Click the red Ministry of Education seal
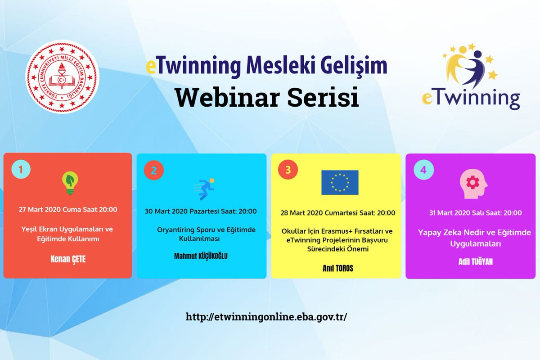pyautogui.click(x=62, y=77)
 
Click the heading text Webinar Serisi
pyautogui.click(x=266, y=97)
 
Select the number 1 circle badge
pyautogui.click(x=21, y=169)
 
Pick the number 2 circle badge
pyautogui.click(x=154, y=171)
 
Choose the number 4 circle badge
pyautogui.click(x=423, y=170)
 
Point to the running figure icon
pyautogui.click(x=204, y=189)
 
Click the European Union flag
pyautogui.click(x=340, y=182)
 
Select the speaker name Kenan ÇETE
pyautogui.click(x=67, y=260)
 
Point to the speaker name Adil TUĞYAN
pyautogui.click(x=470, y=261)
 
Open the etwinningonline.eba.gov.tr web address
pyautogui.click(x=267, y=316)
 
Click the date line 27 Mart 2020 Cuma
pyautogui.click(x=68, y=209)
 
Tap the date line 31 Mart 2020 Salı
pyautogui.click(x=470, y=213)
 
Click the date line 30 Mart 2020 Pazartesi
pyautogui.click(x=201, y=211)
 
